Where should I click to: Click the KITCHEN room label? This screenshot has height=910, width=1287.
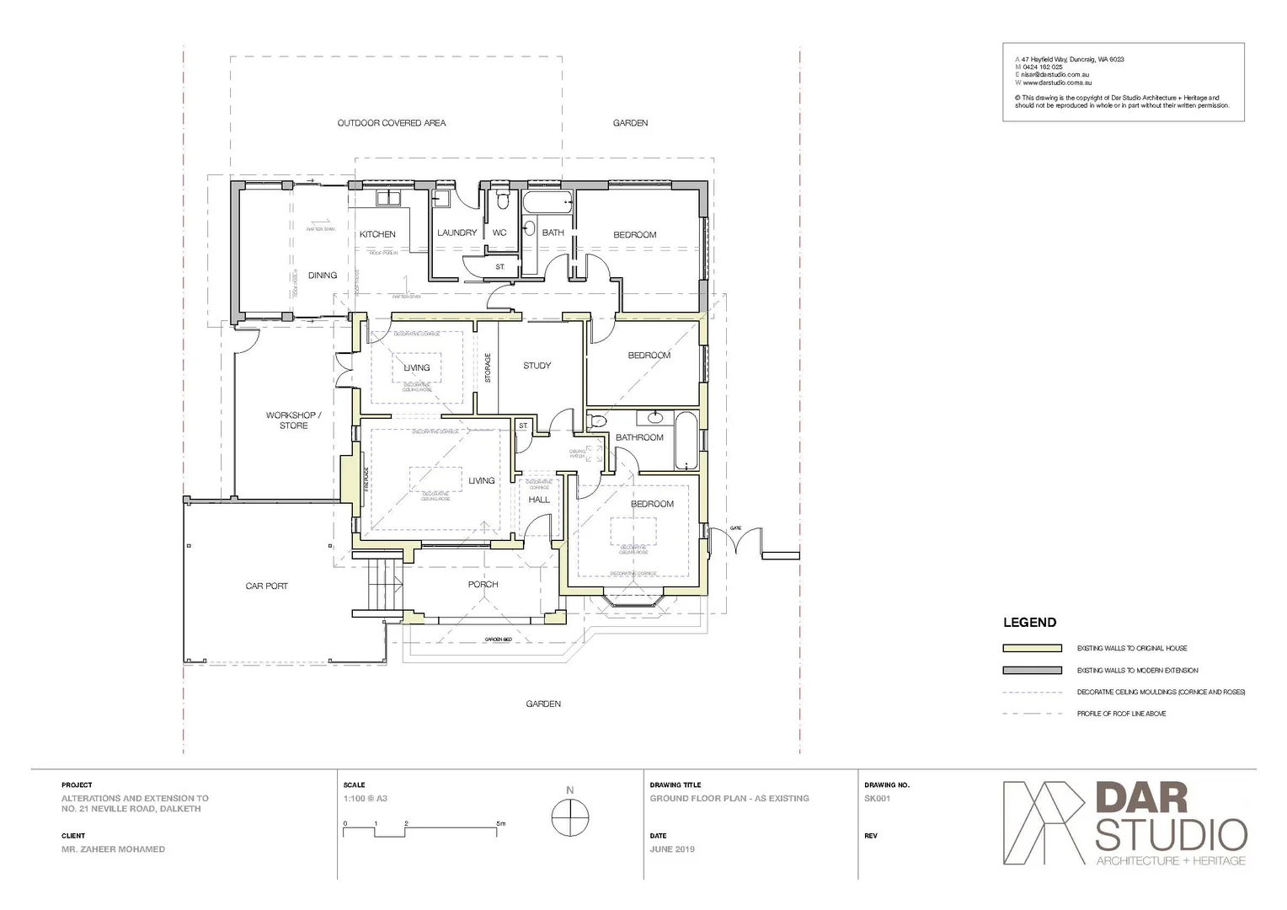click(377, 234)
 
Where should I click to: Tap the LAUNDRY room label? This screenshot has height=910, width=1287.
click(457, 233)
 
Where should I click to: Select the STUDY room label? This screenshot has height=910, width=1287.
click(537, 366)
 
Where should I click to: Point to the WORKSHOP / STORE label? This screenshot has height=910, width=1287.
click(293, 420)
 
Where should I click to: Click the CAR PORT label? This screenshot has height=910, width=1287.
click(266, 586)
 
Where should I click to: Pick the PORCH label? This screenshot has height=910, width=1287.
click(483, 584)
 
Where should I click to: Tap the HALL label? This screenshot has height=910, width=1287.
click(539, 500)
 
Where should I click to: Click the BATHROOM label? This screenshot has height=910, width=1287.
click(639, 437)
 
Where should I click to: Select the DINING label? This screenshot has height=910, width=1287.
click(323, 276)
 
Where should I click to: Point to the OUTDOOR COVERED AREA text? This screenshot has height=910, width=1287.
click(392, 123)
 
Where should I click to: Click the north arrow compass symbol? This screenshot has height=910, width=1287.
click(570, 816)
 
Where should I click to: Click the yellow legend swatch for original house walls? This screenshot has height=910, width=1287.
click(1032, 648)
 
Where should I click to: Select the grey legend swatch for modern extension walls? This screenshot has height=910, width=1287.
click(1032, 671)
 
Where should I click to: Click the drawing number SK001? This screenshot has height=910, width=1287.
click(877, 799)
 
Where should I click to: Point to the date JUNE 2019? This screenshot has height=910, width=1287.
click(672, 849)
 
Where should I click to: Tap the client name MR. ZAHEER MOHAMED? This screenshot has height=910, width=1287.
click(113, 849)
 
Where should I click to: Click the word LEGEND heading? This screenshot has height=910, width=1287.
click(1029, 623)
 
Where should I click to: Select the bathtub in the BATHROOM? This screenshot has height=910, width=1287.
click(686, 441)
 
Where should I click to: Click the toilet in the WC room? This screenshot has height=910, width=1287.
click(503, 201)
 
